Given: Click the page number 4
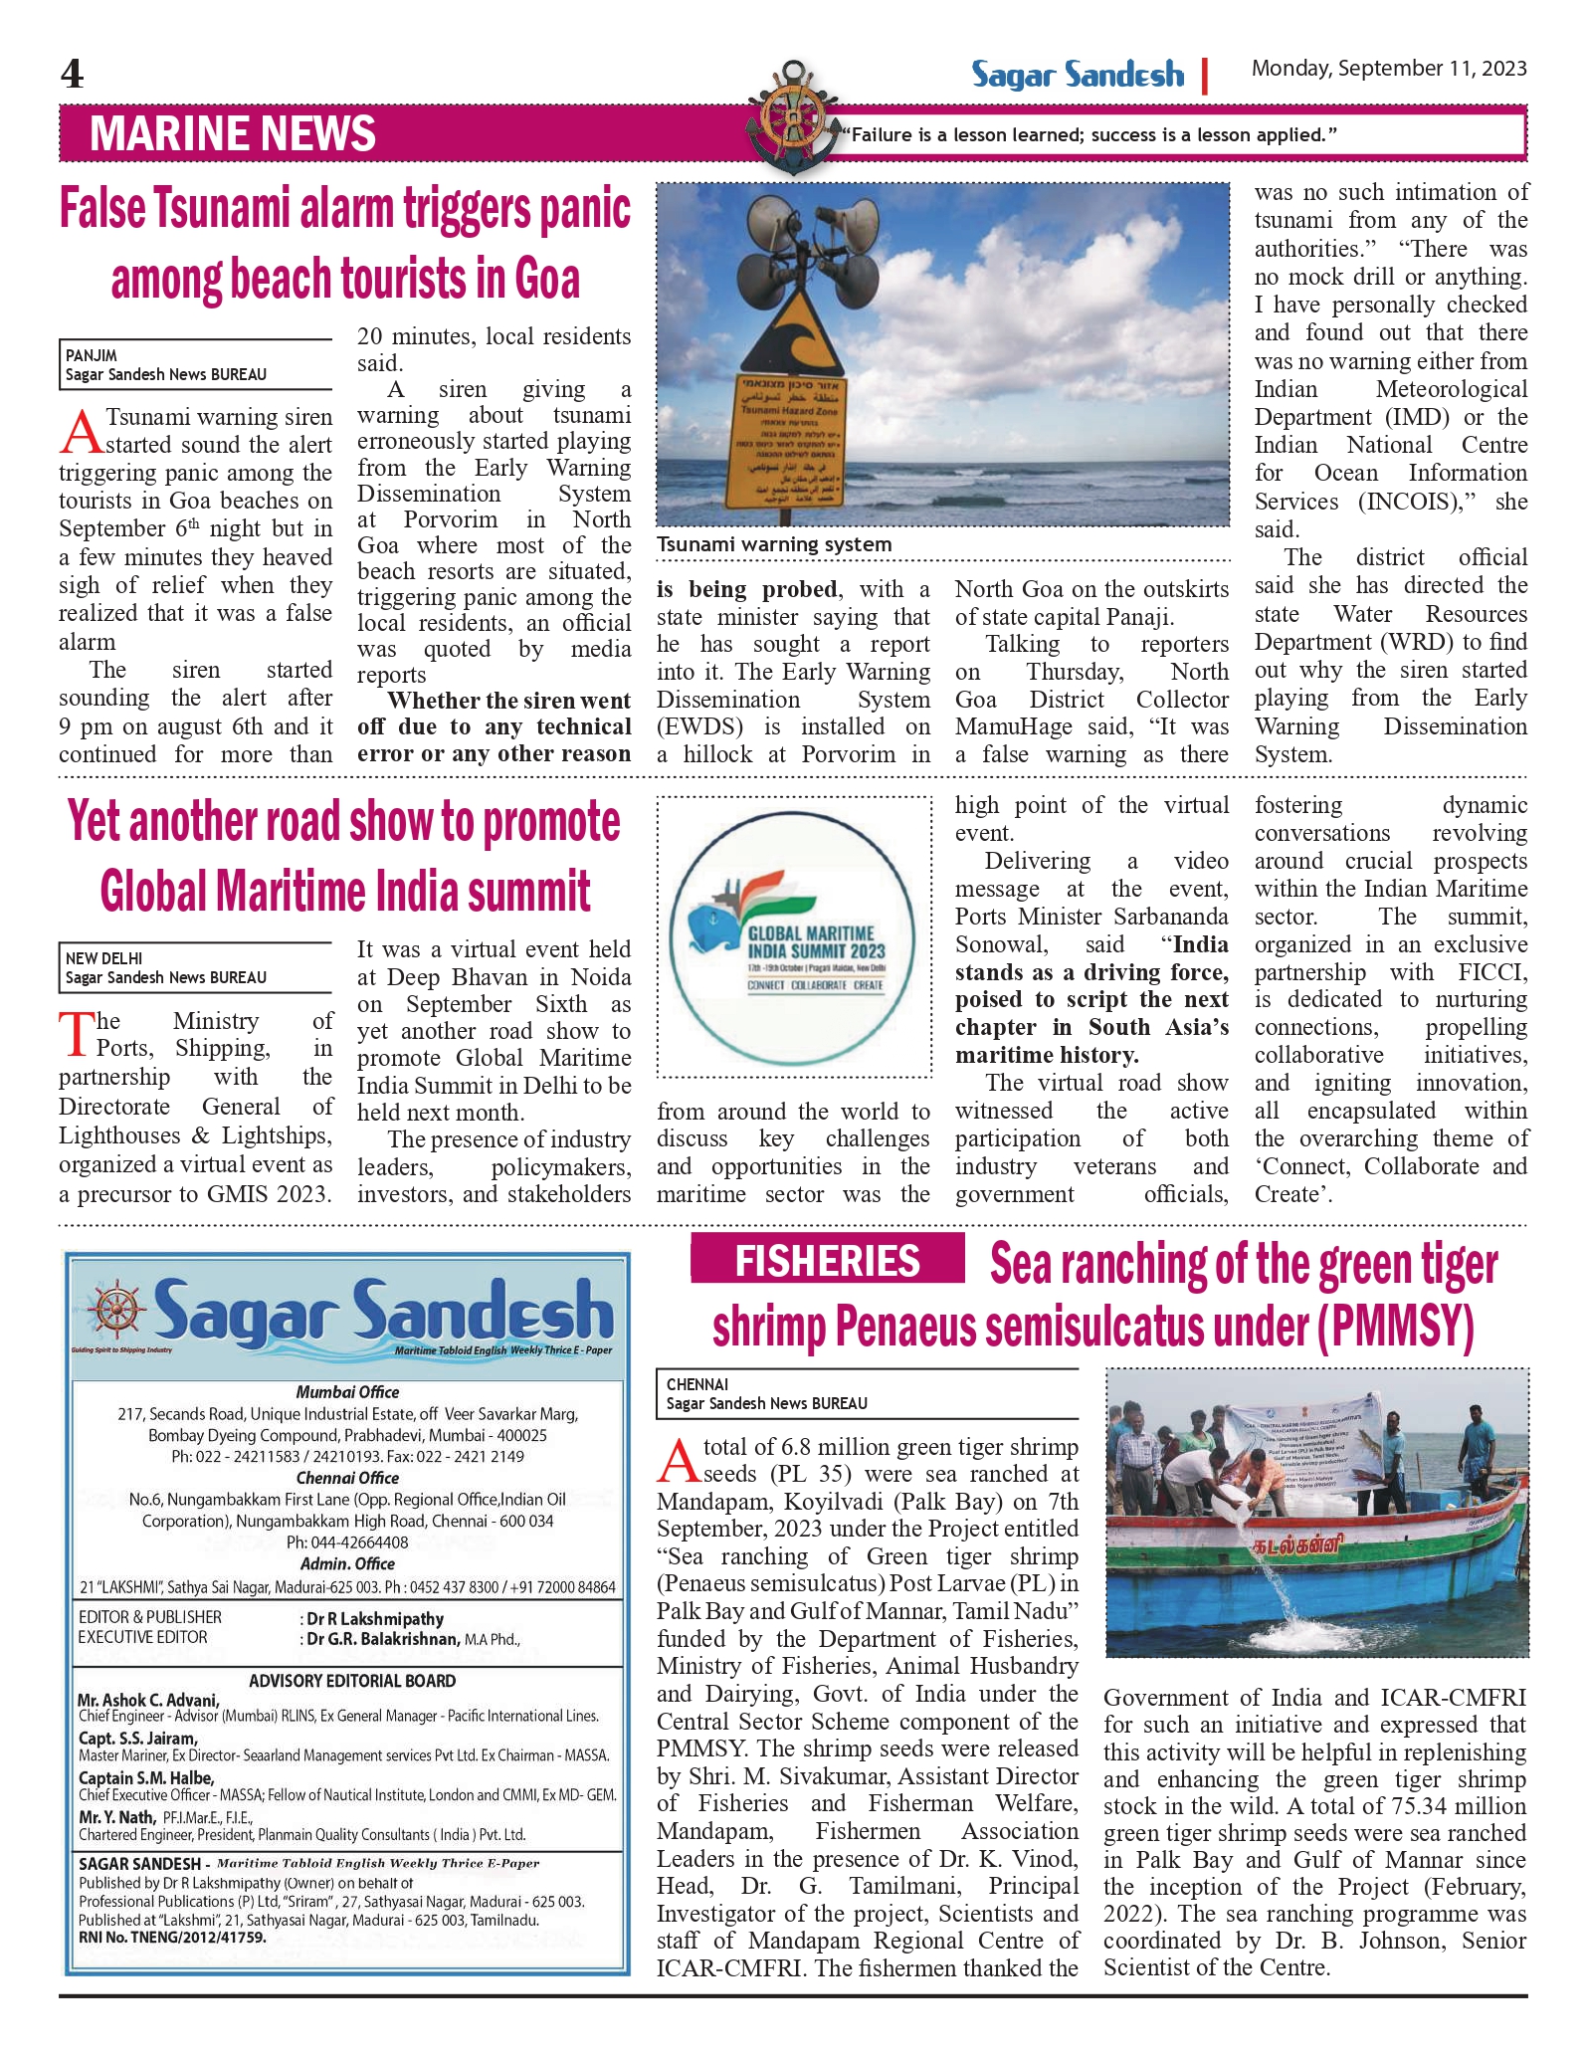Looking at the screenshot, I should [73, 75].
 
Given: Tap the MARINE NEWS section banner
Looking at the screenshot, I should [233, 134].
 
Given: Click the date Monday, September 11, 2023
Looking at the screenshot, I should [1389, 69].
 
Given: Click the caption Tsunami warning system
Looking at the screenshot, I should [774, 544].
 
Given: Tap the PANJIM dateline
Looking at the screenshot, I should [92, 355].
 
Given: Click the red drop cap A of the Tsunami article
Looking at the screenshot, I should [81, 432].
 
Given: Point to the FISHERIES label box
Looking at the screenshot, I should [827, 1260].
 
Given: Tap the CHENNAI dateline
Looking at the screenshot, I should [697, 1384].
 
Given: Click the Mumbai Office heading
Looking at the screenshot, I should [347, 1392].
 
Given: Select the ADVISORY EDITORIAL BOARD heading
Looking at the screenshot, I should [351, 1681].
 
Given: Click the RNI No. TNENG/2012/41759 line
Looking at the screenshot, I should [172, 1938].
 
